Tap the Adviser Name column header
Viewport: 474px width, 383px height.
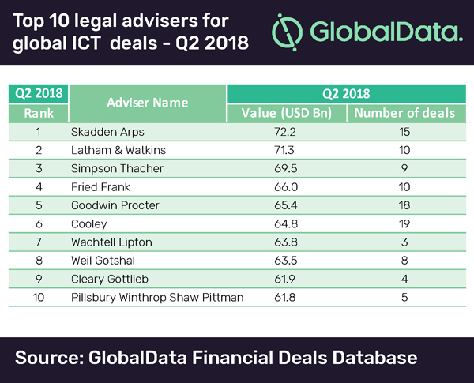click(x=148, y=103)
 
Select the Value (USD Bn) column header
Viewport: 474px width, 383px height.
click(x=285, y=113)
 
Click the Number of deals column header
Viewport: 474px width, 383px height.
click(x=404, y=113)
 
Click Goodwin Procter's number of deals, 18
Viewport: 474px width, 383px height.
click(x=404, y=205)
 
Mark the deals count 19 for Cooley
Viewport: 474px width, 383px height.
click(x=404, y=223)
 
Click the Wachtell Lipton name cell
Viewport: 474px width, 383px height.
click(x=122, y=242)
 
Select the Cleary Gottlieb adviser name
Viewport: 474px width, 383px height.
click(x=122, y=279)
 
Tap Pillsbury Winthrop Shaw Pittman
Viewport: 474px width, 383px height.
click(x=157, y=298)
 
